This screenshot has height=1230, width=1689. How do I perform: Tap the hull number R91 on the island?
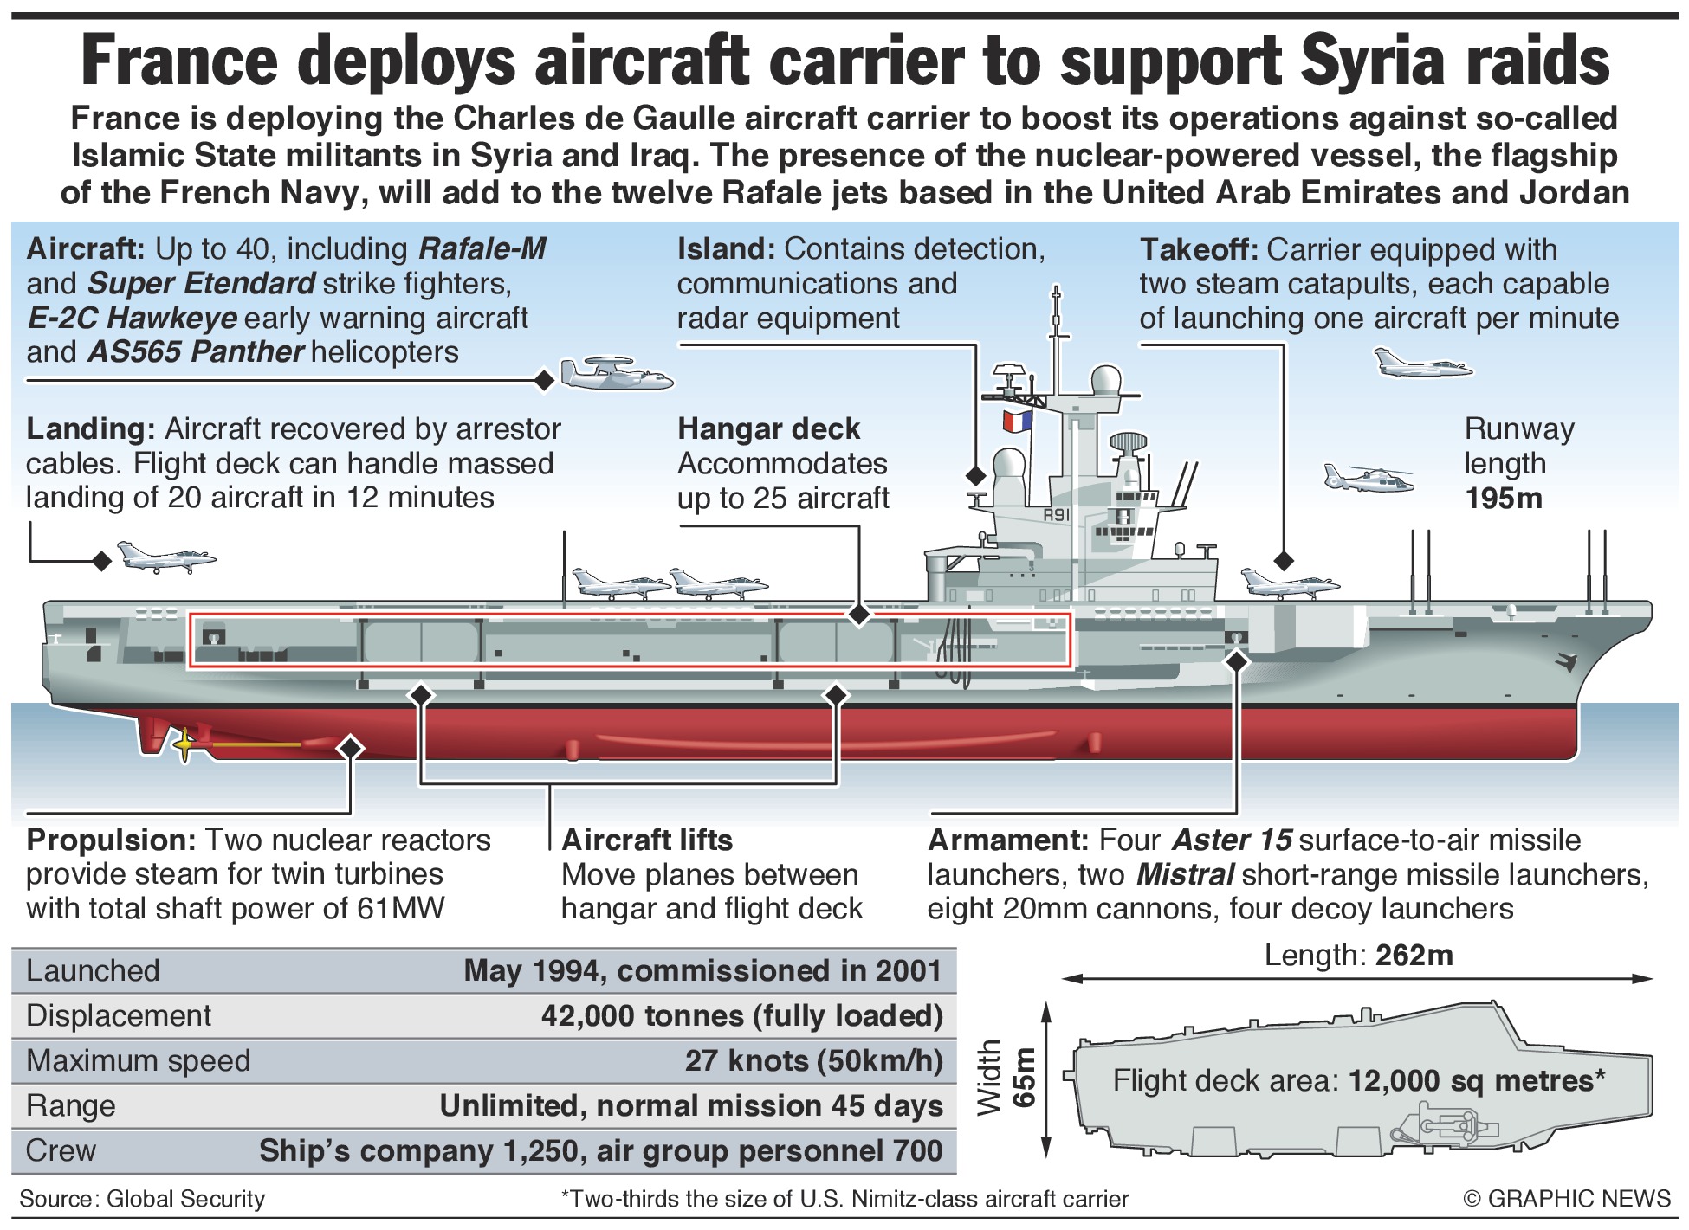[1057, 515]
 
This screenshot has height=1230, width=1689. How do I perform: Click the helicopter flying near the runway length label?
[1367, 477]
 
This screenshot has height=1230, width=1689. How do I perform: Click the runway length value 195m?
[1503, 499]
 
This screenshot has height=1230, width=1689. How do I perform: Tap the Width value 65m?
[1026, 1077]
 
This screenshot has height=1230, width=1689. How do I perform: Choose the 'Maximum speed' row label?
[139, 1060]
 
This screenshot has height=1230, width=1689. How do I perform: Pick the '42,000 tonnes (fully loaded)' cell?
[741, 1015]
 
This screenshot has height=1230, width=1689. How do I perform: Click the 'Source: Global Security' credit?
[142, 1199]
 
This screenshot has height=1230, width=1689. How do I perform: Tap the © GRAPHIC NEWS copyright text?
[1566, 1199]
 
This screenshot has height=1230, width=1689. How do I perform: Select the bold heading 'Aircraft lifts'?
[647, 840]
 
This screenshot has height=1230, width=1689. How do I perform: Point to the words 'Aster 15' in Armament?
[1232, 840]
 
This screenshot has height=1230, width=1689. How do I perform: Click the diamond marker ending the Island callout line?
[976, 475]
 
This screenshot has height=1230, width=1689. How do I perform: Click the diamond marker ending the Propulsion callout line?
[351, 747]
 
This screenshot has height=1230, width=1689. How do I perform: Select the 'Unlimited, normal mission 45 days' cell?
[691, 1105]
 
